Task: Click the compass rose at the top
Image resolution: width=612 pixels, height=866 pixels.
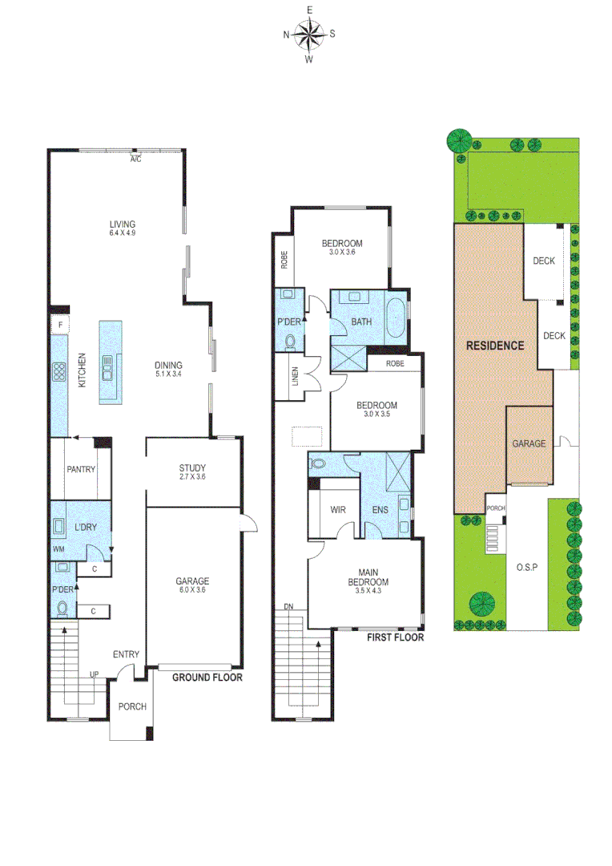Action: click(x=309, y=34)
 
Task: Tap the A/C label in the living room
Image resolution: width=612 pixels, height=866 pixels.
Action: click(x=136, y=159)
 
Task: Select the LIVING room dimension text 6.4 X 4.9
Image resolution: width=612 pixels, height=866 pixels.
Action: click(x=123, y=233)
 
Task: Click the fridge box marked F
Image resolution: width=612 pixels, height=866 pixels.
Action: click(x=59, y=323)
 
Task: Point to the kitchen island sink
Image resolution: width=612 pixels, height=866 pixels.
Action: click(x=107, y=370)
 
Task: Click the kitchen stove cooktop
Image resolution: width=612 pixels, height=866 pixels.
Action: click(x=59, y=372)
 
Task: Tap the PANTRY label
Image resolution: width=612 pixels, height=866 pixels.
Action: click(x=80, y=469)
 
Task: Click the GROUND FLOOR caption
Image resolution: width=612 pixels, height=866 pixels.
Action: click(x=207, y=678)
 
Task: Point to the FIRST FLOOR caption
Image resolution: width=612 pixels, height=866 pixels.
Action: click(x=395, y=638)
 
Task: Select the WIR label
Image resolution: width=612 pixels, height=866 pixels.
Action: click(x=336, y=509)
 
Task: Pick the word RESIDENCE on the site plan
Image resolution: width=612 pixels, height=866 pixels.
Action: click(x=496, y=346)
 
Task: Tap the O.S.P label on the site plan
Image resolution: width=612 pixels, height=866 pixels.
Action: click(x=526, y=565)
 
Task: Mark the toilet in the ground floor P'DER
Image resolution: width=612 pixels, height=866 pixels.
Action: click(x=62, y=607)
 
